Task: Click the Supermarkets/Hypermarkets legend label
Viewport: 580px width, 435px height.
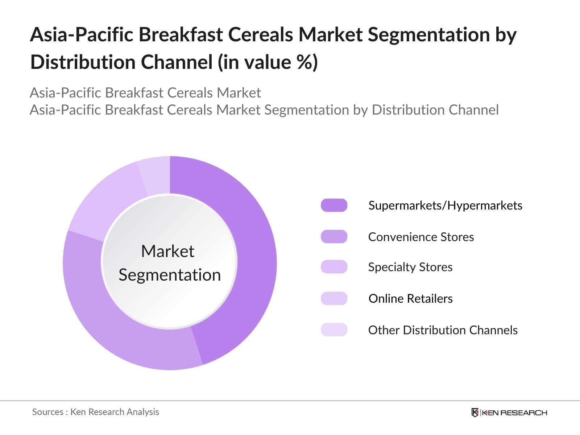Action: pyautogui.click(x=445, y=206)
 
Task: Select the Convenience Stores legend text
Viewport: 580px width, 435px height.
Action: pyautogui.click(x=421, y=237)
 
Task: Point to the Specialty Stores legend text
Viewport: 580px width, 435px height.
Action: pyautogui.click(x=410, y=267)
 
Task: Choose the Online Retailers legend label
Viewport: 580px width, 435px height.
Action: pyautogui.click(x=410, y=299)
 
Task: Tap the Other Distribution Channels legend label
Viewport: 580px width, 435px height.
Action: pyautogui.click(x=443, y=330)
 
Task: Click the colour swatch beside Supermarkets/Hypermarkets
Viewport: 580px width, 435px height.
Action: pyautogui.click(x=334, y=205)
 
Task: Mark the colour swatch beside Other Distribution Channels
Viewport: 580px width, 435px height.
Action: pyautogui.click(x=334, y=330)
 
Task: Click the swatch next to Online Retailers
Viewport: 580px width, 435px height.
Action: pyautogui.click(x=334, y=298)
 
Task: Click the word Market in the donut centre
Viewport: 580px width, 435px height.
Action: pyautogui.click(x=167, y=251)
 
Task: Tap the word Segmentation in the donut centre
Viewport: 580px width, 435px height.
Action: pyautogui.click(x=170, y=275)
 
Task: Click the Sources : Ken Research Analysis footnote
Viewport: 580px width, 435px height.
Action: pyautogui.click(x=95, y=412)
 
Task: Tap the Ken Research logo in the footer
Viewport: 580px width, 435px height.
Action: pyautogui.click(x=509, y=413)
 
